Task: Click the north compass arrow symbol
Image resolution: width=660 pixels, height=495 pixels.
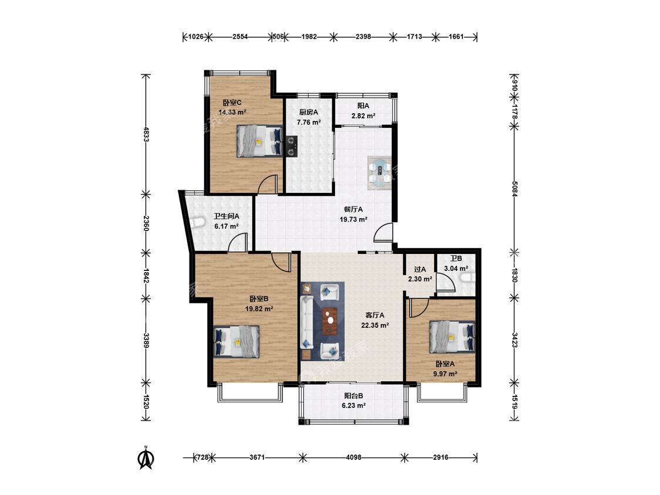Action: (147, 457)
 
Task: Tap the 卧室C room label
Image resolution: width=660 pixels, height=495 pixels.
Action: (232, 102)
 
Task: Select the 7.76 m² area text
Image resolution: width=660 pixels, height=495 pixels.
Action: (309, 123)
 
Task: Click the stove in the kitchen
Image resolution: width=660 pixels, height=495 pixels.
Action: (291, 146)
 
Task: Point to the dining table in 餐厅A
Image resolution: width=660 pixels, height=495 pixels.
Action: (380, 172)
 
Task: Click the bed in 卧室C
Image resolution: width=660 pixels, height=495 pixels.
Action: (259, 141)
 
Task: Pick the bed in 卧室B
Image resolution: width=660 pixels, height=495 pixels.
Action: (236, 341)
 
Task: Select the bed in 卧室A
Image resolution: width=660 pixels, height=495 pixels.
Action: (452, 337)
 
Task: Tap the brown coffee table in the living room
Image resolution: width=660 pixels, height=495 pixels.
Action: (330, 321)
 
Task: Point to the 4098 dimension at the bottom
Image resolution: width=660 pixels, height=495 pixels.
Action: (354, 457)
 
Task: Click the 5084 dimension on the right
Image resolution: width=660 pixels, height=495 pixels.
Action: (515, 187)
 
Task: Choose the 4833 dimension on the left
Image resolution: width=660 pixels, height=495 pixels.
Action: (146, 134)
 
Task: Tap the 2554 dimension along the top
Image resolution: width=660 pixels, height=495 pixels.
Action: (240, 36)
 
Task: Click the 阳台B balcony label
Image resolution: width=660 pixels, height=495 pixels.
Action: (354, 396)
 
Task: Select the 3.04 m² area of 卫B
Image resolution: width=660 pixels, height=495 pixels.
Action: (456, 269)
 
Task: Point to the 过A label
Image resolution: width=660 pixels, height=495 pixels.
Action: (420, 269)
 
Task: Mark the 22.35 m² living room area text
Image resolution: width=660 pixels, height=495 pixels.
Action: (375, 325)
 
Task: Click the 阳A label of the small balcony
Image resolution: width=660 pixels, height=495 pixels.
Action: (363, 106)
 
